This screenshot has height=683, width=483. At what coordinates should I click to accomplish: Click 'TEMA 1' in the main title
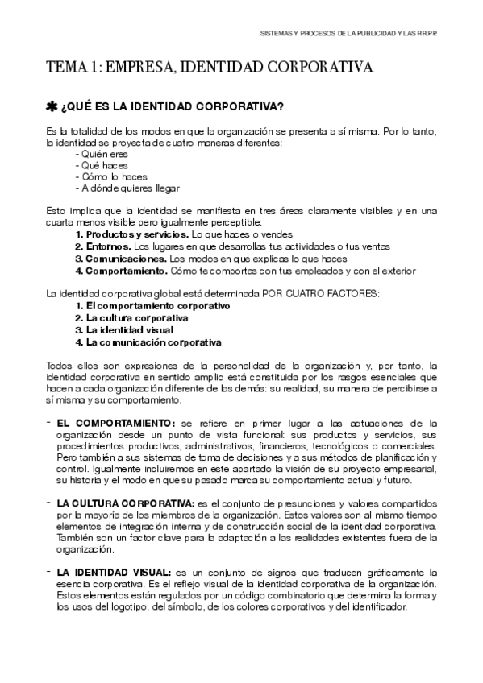[x=73, y=68]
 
